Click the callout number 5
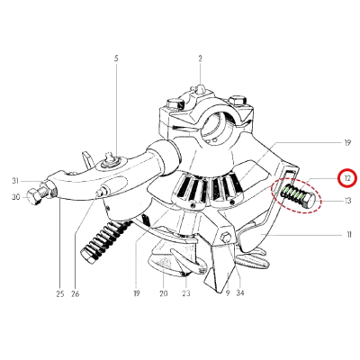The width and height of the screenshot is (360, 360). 116,58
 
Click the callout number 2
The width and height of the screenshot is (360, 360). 200,58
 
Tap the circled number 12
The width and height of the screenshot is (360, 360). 347,178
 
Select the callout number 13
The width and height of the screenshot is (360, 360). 347,201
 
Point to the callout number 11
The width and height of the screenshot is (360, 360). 348,235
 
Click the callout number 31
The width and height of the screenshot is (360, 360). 15,181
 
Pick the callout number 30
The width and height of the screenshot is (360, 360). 15,197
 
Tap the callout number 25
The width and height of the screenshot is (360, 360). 60,293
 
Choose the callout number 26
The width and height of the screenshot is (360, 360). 76,293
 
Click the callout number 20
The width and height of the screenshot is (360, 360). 164,293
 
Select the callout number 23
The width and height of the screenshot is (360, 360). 186,293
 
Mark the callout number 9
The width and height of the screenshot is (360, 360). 228,293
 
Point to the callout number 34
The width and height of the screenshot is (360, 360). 240,293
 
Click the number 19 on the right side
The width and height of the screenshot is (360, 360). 347,143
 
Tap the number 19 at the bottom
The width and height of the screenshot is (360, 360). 137,293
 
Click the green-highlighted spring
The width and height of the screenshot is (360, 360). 292,195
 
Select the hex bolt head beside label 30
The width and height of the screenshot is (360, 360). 34,197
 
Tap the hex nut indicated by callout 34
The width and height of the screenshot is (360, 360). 225,238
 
